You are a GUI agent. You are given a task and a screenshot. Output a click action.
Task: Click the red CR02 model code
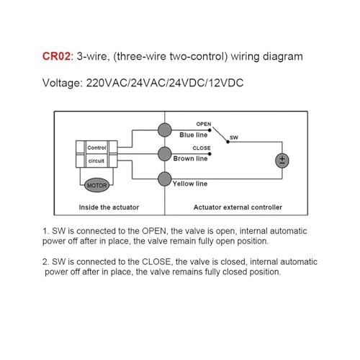pos(57,56)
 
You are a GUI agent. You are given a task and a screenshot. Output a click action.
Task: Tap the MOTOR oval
pos(96,185)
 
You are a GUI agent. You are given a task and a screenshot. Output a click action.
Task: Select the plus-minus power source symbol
pos(282,161)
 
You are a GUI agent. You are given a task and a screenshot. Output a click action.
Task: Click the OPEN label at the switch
pos(204,124)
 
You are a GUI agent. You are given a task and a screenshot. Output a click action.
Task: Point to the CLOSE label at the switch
pos(202,148)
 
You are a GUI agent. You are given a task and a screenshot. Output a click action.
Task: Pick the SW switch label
pos(234,138)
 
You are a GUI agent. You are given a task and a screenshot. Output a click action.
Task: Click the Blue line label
pos(194,135)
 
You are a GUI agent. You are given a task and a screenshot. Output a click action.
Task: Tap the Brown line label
pos(190,158)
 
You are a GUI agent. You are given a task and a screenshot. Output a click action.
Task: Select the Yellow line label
pos(190,184)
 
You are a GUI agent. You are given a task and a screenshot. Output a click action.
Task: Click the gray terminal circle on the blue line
pos(165,130)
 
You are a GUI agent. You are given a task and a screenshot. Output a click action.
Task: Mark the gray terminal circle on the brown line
pos(165,154)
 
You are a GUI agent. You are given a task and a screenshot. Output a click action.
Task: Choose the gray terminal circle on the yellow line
pos(165,179)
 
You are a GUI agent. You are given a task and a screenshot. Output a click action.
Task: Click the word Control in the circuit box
pos(96,148)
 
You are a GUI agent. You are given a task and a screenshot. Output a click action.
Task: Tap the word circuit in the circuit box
pos(96,161)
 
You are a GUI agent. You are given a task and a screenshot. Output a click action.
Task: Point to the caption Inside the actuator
pos(109,207)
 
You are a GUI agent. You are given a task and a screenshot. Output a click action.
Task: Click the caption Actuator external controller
pos(238,207)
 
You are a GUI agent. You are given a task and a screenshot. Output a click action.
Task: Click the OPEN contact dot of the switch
pos(210,130)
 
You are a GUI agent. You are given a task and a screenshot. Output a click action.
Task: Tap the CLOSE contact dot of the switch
pos(210,154)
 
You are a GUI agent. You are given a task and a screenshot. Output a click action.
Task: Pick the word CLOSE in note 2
pos(157,261)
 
